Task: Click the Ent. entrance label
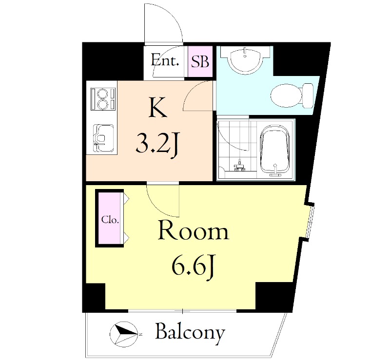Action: pos(165,61)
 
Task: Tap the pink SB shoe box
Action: pos(200,62)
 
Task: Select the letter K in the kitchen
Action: pos(158,108)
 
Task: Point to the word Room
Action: pos(193,232)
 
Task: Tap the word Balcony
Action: pos(190,333)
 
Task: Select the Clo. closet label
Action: pos(110,220)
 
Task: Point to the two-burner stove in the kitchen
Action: pos(102,98)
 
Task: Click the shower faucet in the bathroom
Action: pos(239,166)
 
